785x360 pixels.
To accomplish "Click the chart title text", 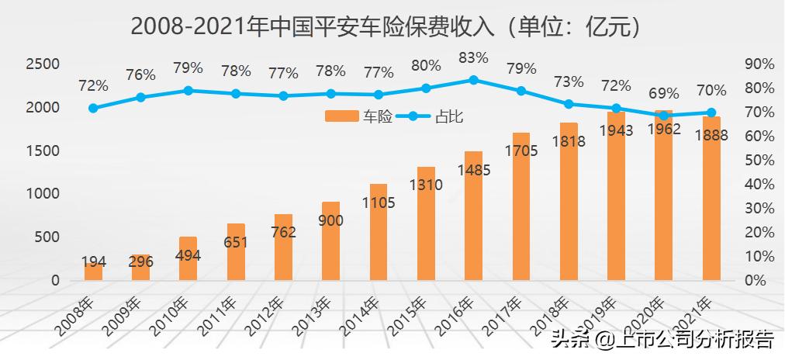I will pyautogui.click(x=386, y=26).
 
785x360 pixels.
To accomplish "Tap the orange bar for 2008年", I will pyautogui.click(x=93, y=271).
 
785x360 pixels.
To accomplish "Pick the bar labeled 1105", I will pyautogui.click(x=379, y=232).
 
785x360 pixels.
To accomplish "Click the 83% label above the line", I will pyautogui.click(x=473, y=57).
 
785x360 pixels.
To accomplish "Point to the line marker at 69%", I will pyautogui.click(x=664, y=115).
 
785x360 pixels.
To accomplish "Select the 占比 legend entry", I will pyautogui.click(x=435, y=117).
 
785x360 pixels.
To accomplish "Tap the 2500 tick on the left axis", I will pyautogui.click(x=43, y=64).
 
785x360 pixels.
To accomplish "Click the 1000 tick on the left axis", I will pyautogui.click(x=43, y=194).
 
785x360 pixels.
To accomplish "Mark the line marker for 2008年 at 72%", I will pyautogui.click(x=93, y=108).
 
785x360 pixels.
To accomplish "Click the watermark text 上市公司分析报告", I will pyautogui.click(x=693, y=340).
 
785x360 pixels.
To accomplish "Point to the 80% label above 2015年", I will pyautogui.click(x=426, y=66).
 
